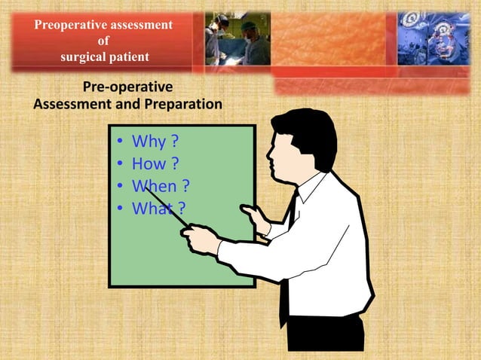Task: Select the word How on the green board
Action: pos(147,163)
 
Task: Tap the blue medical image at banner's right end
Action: pos(437,38)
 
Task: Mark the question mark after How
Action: pos(175,163)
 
